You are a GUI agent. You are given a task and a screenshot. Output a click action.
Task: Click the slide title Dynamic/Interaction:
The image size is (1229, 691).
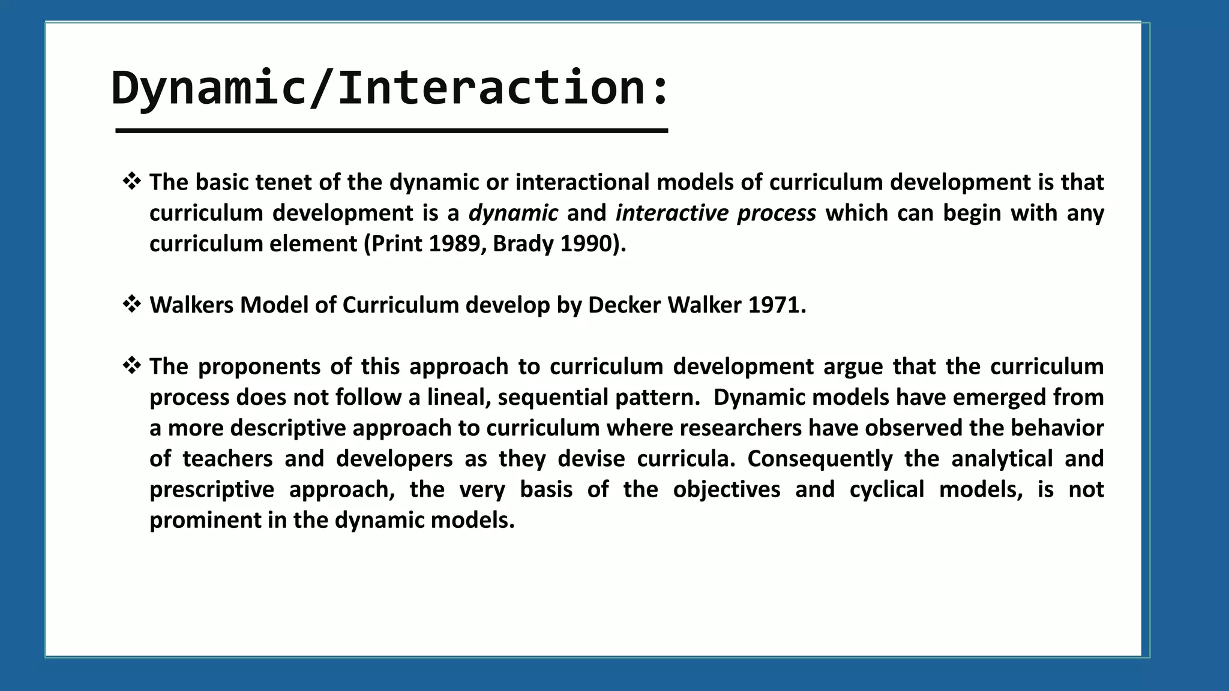pos(389,89)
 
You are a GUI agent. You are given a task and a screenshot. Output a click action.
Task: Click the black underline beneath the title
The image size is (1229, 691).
pos(391,131)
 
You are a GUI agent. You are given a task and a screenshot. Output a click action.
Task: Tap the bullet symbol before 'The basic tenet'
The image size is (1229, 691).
pos(131,181)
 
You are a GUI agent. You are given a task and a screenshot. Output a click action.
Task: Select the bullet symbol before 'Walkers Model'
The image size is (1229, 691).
pos(131,304)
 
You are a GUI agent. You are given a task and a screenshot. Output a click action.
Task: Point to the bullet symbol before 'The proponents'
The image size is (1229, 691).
pos(131,365)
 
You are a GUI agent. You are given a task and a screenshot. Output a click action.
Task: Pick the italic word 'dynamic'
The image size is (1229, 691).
pos(513,213)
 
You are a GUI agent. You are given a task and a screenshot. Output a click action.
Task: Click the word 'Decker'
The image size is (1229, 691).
pos(624,305)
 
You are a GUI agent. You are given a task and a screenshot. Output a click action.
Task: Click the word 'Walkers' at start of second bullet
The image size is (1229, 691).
pos(191,305)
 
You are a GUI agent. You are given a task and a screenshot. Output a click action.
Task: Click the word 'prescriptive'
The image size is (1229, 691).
pos(211,489)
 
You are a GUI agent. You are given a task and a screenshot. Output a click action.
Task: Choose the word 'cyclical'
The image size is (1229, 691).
pos(887,489)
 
